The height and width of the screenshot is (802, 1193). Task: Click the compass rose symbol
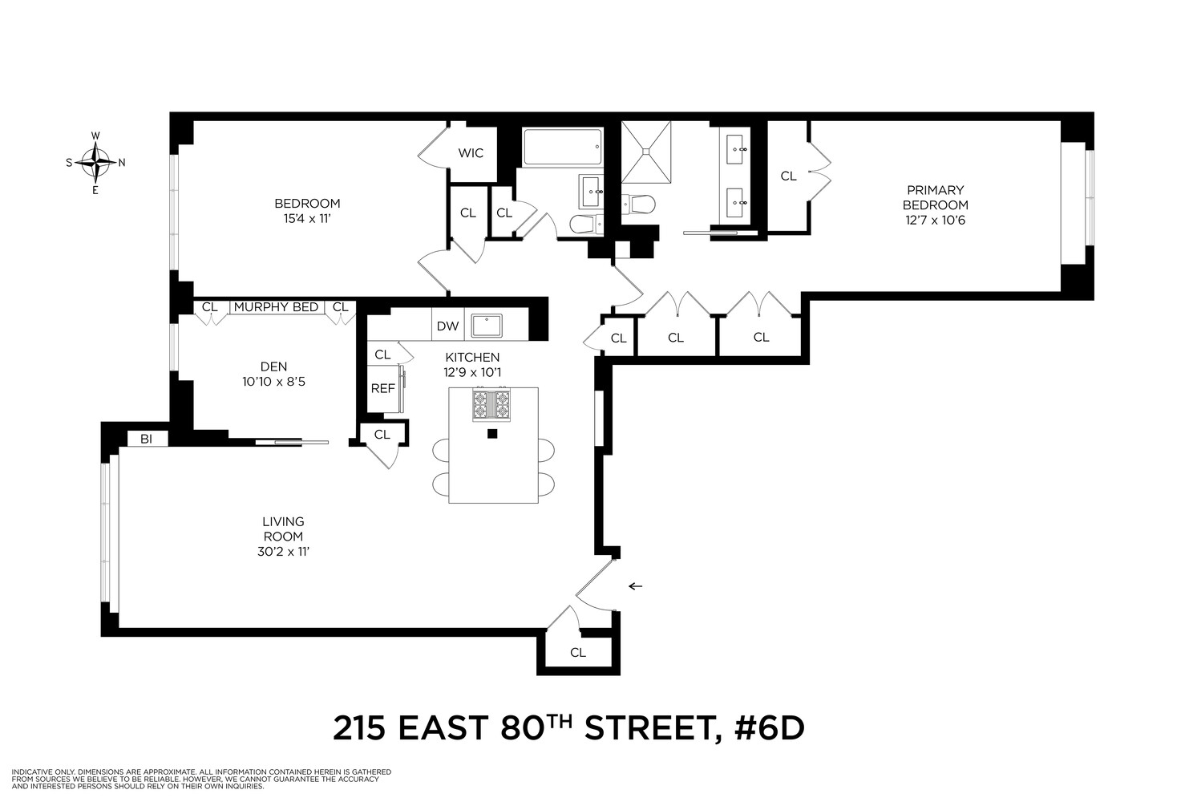point(95,163)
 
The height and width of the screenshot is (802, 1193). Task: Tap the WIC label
point(471,152)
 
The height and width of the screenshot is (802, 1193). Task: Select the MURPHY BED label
point(277,307)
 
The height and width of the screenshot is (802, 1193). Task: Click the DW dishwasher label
point(447,326)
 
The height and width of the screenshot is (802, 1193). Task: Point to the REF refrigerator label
point(382,388)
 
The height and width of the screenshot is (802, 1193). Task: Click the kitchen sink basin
point(486,326)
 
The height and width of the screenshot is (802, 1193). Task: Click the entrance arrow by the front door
point(635,586)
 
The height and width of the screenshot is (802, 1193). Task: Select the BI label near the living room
point(147,439)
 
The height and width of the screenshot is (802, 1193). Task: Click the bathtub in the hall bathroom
point(561,148)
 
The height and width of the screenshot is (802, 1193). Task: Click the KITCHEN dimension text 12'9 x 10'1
point(472,372)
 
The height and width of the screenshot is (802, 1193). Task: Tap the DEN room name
point(273,367)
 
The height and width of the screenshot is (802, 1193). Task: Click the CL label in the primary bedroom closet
point(788,176)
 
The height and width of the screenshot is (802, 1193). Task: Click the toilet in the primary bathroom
point(641,206)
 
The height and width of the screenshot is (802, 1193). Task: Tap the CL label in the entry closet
point(577,652)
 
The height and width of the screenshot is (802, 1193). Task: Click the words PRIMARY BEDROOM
point(935,197)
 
